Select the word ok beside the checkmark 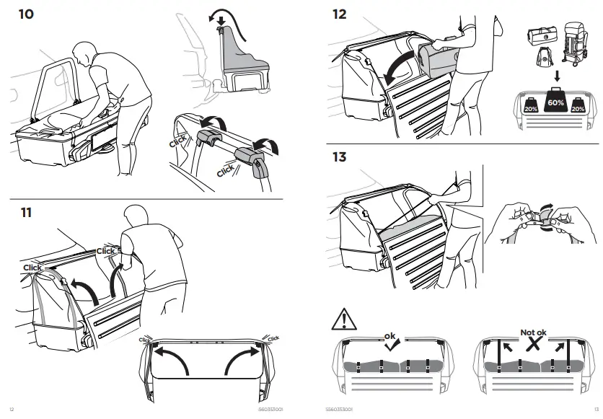pyautogui.click(x=390, y=335)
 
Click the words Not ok pyautogui.click(x=534, y=333)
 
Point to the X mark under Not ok pyautogui.click(x=534, y=346)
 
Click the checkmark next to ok pyautogui.click(x=394, y=345)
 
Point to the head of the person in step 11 pyautogui.click(x=134, y=215)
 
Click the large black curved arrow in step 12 pyautogui.click(x=395, y=69)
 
